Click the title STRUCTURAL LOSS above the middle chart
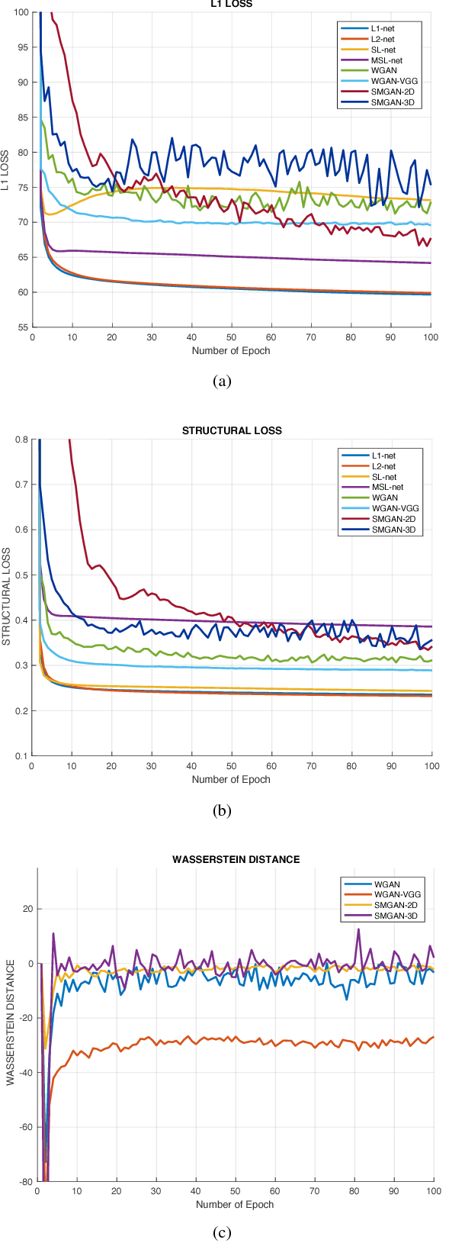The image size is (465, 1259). point(232,430)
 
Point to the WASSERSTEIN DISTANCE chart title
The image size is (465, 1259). point(236,859)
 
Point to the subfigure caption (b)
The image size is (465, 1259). point(221,810)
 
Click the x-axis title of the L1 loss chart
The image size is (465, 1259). point(231,351)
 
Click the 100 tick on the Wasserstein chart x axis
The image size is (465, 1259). point(433,1191)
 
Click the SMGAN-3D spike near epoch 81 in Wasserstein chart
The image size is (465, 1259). point(358,929)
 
